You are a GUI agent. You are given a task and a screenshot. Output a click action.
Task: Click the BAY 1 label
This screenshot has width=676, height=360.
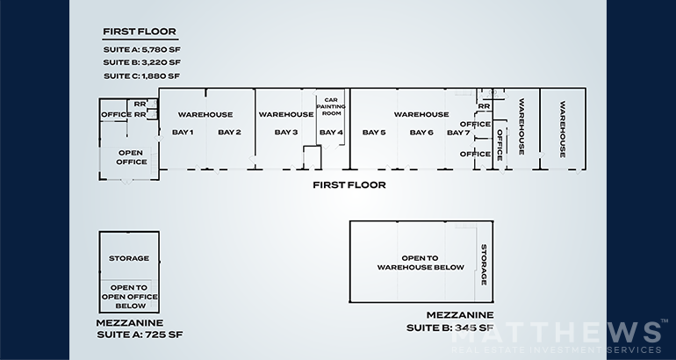183,133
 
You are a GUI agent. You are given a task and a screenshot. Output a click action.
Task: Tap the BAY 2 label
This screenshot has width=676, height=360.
229,133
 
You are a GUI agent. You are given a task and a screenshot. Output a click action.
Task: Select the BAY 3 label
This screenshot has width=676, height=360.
286,133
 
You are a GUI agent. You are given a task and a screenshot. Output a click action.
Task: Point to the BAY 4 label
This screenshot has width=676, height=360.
331,133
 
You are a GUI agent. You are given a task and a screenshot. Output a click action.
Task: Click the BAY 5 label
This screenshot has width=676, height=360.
374,133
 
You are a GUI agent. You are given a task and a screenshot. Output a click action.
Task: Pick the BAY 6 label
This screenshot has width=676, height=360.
421,133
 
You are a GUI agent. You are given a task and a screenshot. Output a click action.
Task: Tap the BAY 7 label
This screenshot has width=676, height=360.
458,133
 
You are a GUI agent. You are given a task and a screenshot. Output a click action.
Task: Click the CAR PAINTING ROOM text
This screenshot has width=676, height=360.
331,106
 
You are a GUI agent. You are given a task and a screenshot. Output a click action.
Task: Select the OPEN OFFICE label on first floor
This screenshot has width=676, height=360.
131,157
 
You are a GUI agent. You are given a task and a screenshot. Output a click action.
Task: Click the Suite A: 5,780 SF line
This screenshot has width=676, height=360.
142,49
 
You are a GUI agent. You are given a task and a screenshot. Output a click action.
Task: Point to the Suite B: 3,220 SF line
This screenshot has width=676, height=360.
142,62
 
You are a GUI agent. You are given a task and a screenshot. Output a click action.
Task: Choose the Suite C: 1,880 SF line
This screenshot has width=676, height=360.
142,76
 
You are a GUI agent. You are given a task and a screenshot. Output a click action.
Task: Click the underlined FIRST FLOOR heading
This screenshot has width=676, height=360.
140,32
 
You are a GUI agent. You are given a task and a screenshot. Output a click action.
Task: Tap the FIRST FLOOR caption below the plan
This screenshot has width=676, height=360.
349,185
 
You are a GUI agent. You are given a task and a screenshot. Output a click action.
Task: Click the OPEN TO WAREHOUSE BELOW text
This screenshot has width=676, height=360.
421,263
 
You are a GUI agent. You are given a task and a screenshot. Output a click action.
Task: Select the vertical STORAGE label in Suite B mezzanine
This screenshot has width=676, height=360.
484,264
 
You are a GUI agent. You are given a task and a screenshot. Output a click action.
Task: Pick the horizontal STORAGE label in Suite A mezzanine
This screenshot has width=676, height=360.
129,258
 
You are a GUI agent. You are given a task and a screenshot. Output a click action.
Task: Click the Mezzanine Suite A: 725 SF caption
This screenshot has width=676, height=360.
140,328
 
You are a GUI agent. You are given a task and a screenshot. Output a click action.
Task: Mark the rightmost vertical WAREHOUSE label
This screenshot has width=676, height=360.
563,129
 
